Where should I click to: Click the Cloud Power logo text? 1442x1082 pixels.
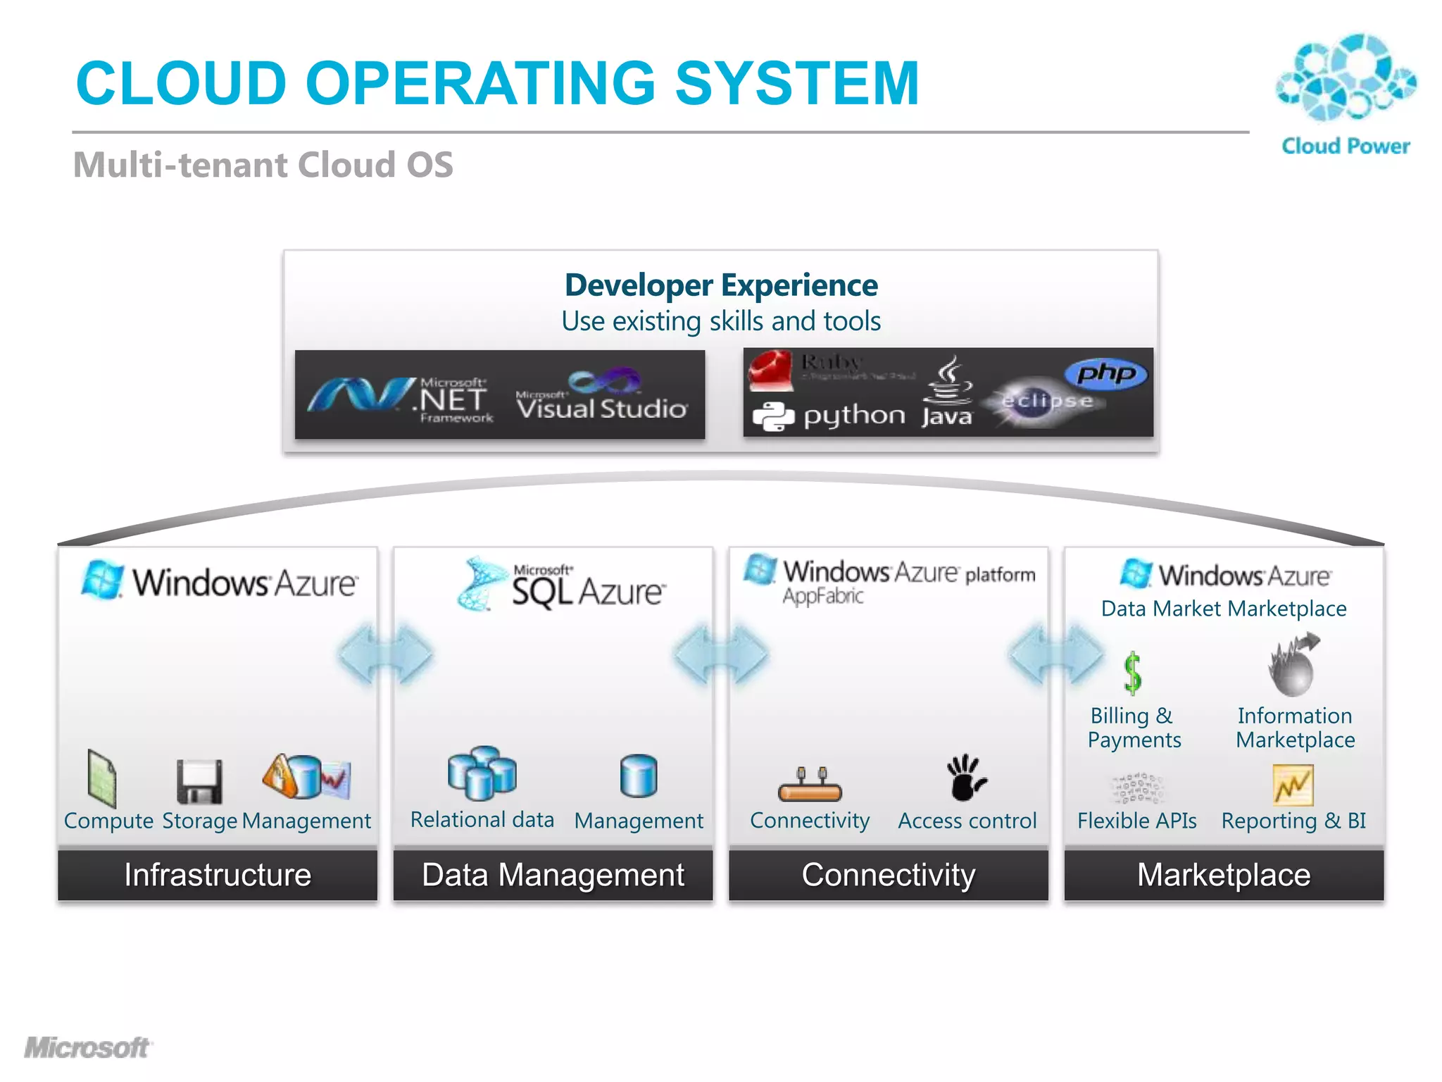point(1345,146)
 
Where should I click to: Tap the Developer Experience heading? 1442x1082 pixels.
point(721,285)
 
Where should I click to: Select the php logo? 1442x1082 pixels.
point(1105,373)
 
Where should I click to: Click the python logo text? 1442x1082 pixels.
point(853,416)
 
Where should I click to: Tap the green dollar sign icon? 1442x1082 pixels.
point(1132,673)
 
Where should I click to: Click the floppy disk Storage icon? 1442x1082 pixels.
point(199,781)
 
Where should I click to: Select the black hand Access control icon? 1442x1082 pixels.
point(965,778)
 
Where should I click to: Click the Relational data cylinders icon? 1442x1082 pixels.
point(482,773)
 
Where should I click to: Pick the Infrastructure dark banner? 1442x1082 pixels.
point(218,875)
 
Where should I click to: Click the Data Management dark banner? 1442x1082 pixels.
point(553,875)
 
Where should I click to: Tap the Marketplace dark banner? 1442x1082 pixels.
point(1224,875)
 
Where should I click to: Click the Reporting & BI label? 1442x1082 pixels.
point(1293,821)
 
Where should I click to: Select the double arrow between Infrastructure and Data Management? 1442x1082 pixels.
point(385,654)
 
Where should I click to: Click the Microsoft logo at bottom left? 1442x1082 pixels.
point(87,1047)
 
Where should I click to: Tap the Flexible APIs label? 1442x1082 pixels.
point(1136,821)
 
